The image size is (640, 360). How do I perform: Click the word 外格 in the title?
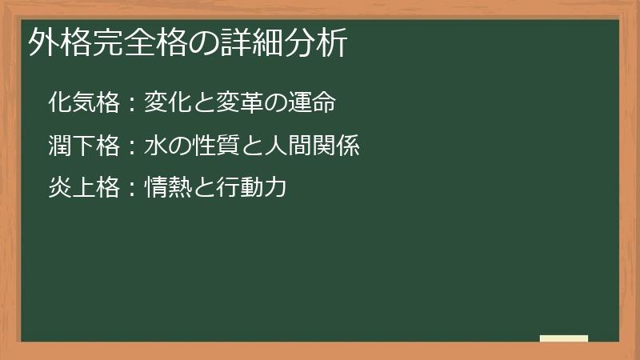click(55, 44)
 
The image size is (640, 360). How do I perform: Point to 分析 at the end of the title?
click(321, 44)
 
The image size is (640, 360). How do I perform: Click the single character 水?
click(155, 146)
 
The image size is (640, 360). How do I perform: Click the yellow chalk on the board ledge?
click(564, 338)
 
